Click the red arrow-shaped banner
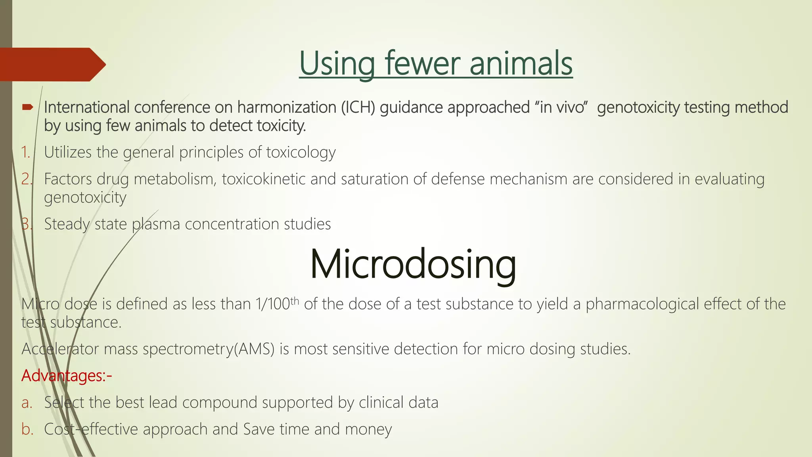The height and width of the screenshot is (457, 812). [x=52, y=64]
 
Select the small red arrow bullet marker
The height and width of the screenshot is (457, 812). [x=28, y=107]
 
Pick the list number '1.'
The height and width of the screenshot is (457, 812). [x=26, y=152]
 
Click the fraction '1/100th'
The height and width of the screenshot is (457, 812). [x=277, y=304]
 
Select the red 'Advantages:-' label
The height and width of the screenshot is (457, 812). [x=67, y=376]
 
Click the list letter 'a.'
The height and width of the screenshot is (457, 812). [x=27, y=403]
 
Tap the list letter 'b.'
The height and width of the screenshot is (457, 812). [x=27, y=429]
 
